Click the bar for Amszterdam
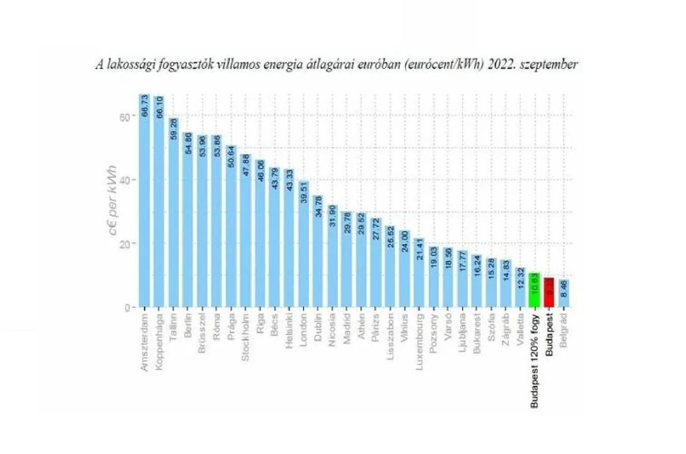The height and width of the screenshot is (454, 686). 144,206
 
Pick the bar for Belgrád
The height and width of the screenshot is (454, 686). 564,294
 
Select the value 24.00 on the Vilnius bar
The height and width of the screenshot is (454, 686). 405,244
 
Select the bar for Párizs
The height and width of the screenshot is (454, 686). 376,263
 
